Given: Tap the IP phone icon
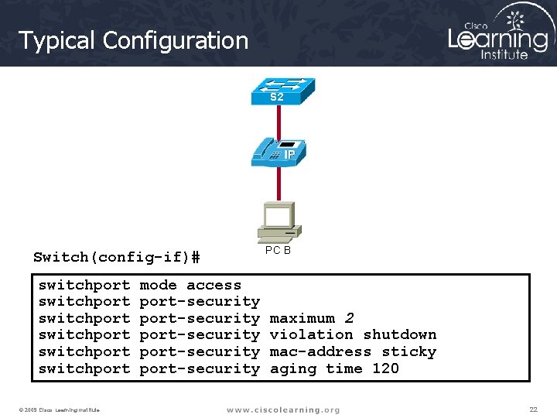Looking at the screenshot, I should [x=278, y=152].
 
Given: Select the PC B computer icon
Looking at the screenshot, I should [x=278, y=221].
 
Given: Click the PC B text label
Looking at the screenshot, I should [x=278, y=250].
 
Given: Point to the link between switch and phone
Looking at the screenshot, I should [x=278, y=122].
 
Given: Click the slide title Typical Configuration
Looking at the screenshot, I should [x=133, y=40].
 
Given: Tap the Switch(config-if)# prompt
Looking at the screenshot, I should [x=117, y=257].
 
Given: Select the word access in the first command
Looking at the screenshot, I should [x=214, y=285].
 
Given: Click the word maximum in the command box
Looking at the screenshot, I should [x=302, y=318].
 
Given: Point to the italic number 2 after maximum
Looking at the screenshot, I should [x=350, y=318].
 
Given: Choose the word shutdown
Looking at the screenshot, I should [x=399, y=334].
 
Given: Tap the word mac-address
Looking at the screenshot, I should [x=320, y=351].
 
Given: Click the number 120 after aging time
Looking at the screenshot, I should [x=385, y=368].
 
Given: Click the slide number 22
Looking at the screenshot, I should [x=533, y=409].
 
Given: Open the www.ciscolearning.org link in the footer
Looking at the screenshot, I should [x=282, y=409].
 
